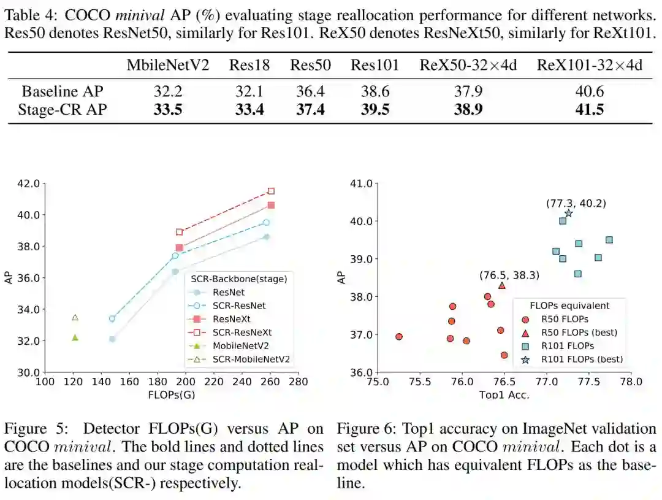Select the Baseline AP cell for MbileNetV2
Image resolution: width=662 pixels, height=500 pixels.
coord(168,92)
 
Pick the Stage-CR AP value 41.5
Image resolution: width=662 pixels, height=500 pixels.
coord(590,110)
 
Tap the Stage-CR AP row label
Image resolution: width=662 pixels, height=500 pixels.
coord(63,110)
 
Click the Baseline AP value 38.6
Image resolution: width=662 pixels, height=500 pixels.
coord(375,92)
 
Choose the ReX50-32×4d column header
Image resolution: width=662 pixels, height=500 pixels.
coord(468,66)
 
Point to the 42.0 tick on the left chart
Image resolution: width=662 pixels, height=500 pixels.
coord(28,183)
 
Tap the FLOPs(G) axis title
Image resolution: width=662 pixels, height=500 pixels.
coord(171,394)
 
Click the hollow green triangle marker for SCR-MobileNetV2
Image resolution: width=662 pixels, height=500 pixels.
coord(75,318)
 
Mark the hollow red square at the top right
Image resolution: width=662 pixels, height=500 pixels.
coord(271,191)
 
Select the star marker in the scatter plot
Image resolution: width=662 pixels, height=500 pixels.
coord(568,213)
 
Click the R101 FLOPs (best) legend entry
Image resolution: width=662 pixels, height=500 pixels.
coord(581,360)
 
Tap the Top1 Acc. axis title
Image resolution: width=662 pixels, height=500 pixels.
coord(503,394)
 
